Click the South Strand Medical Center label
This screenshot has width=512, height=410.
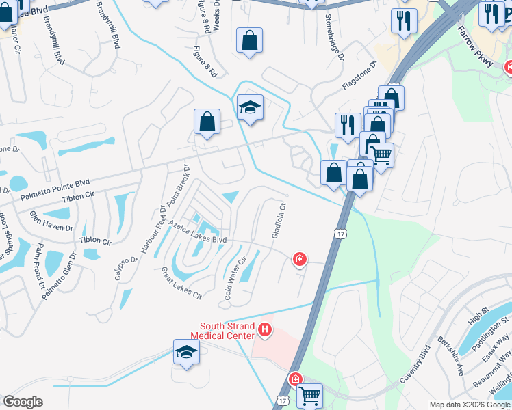point(227,331)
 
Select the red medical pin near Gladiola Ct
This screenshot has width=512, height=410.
point(299,260)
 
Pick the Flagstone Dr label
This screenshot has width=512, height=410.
point(359,77)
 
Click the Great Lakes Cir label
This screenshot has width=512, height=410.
point(181,284)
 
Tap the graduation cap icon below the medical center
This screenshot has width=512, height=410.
point(186,352)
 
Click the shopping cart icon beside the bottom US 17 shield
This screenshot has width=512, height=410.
point(309,394)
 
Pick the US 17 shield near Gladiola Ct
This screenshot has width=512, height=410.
point(340,234)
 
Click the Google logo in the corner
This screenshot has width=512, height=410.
point(22,402)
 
